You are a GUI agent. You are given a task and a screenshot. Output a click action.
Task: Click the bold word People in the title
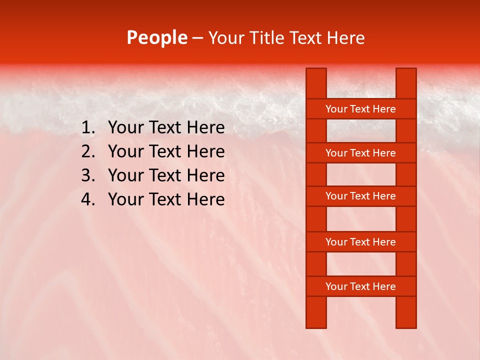pyautogui.click(x=156, y=37)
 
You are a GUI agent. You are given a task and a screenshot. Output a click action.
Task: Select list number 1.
pyautogui.click(x=87, y=128)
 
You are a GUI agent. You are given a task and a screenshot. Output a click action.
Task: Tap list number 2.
pyautogui.click(x=87, y=151)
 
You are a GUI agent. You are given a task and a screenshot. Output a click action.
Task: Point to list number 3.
pyautogui.click(x=87, y=175)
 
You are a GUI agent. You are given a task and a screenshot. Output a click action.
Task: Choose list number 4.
pyautogui.click(x=87, y=199)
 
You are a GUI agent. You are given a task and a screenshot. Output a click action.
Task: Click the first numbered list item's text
pyautogui.click(x=166, y=128)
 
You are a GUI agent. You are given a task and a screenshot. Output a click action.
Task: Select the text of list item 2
pyautogui.click(x=166, y=151)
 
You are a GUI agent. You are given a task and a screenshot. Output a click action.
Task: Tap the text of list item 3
pyautogui.click(x=166, y=175)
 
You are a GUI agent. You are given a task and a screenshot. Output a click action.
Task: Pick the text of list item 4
pyautogui.click(x=166, y=199)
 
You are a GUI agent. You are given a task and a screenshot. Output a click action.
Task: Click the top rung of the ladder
pyautogui.click(x=360, y=109)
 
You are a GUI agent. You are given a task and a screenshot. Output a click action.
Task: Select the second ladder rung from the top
pyautogui.click(x=360, y=153)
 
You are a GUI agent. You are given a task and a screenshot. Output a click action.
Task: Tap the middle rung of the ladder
pyautogui.click(x=360, y=196)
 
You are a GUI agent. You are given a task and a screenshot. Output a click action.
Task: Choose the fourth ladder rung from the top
pyautogui.click(x=360, y=242)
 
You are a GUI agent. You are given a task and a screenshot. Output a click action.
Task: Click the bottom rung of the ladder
pyautogui.click(x=360, y=286)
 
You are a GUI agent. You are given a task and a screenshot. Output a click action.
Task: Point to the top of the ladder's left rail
pyautogui.click(x=316, y=75)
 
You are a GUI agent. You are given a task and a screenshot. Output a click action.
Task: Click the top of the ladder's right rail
pyautogui.click(x=406, y=75)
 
